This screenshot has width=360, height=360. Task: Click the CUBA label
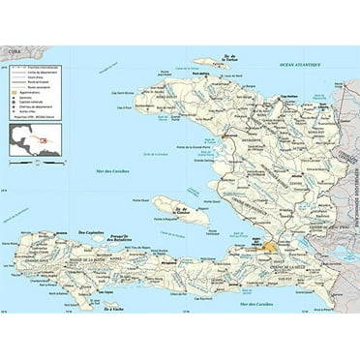13,54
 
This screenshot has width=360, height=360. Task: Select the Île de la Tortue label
229,59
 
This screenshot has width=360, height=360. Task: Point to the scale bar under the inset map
35,161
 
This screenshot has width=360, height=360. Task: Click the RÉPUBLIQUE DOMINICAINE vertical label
354,223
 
